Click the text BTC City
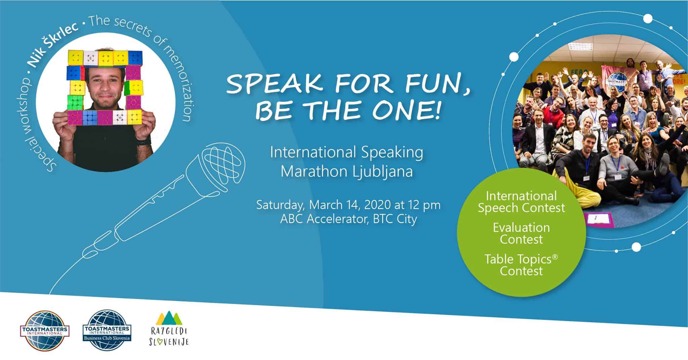click(395, 219)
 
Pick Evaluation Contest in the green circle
click(521, 233)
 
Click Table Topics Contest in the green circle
click(521, 265)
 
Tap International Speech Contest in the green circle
click(521, 202)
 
